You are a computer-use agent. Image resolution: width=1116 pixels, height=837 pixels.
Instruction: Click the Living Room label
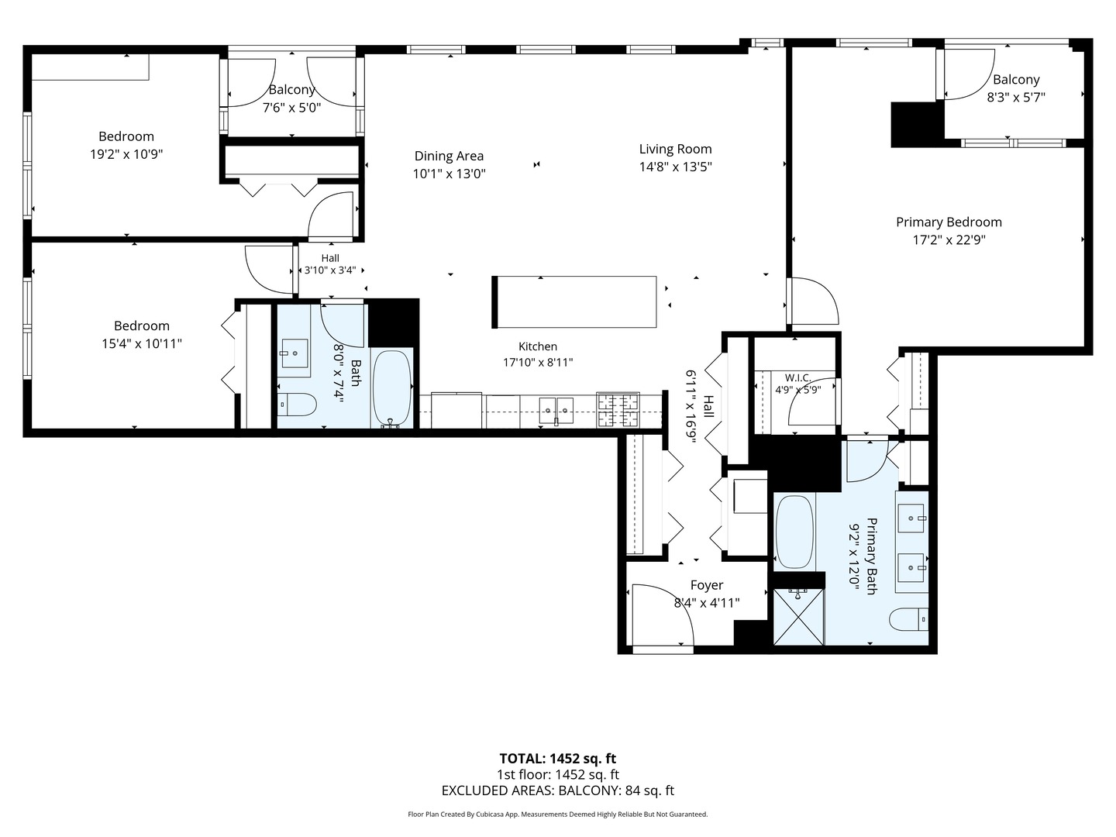coord(675,149)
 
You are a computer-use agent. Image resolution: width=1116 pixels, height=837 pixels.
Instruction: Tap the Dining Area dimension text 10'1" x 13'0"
coord(449,174)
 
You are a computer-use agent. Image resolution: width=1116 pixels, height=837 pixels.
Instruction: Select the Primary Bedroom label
coord(949,222)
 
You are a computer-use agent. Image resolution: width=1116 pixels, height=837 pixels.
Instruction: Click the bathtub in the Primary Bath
coord(794,532)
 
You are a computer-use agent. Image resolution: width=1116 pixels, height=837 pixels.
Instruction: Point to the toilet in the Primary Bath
coord(908,619)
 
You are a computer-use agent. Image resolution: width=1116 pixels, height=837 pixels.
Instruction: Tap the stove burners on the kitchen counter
coord(618,410)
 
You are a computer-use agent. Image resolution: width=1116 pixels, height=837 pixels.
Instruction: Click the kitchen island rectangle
coord(574,302)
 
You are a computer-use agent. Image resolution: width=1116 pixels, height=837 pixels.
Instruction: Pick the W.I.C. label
coord(797,377)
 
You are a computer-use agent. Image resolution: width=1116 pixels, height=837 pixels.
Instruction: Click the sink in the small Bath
coord(295,353)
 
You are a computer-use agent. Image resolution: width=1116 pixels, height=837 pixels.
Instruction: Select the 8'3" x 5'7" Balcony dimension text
coord(1016,97)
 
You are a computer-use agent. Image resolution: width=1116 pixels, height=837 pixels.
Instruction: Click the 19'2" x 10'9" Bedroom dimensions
coord(126,154)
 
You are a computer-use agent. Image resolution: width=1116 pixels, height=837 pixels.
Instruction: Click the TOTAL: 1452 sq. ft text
coord(558,759)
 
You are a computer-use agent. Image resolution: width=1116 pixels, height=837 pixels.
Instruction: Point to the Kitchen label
coord(538,346)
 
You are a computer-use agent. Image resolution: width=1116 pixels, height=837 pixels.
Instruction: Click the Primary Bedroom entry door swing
coord(813,301)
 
